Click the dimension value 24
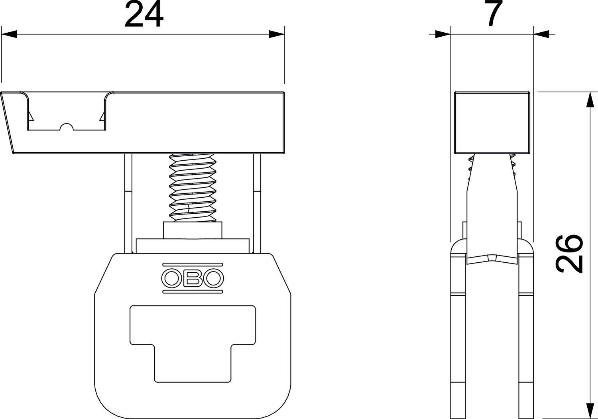144,15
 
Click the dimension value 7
492,14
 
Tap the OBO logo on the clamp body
193,278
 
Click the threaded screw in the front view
193,187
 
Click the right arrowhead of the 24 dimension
276,35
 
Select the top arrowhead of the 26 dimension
588,100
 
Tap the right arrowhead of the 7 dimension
541,35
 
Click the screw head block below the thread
193,230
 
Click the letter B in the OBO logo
193,278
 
